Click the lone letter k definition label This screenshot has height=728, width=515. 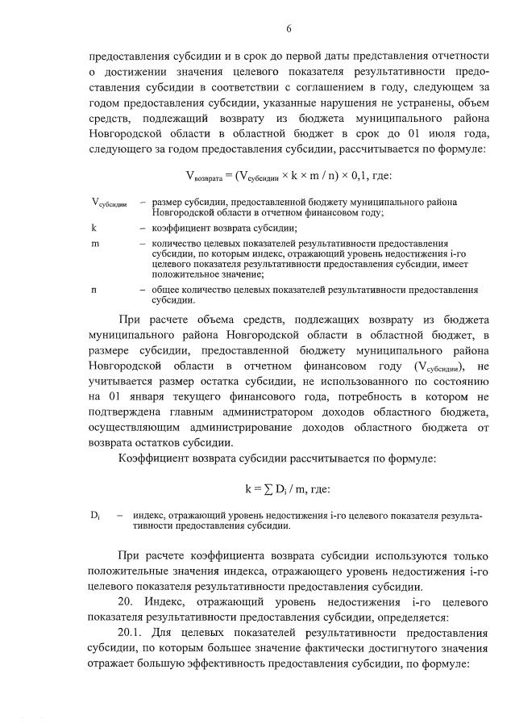[x=94, y=228]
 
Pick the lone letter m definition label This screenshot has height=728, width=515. [x=95, y=243]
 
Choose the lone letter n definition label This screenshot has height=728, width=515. [x=94, y=288]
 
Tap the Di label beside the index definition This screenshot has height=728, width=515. [x=95, y=514]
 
